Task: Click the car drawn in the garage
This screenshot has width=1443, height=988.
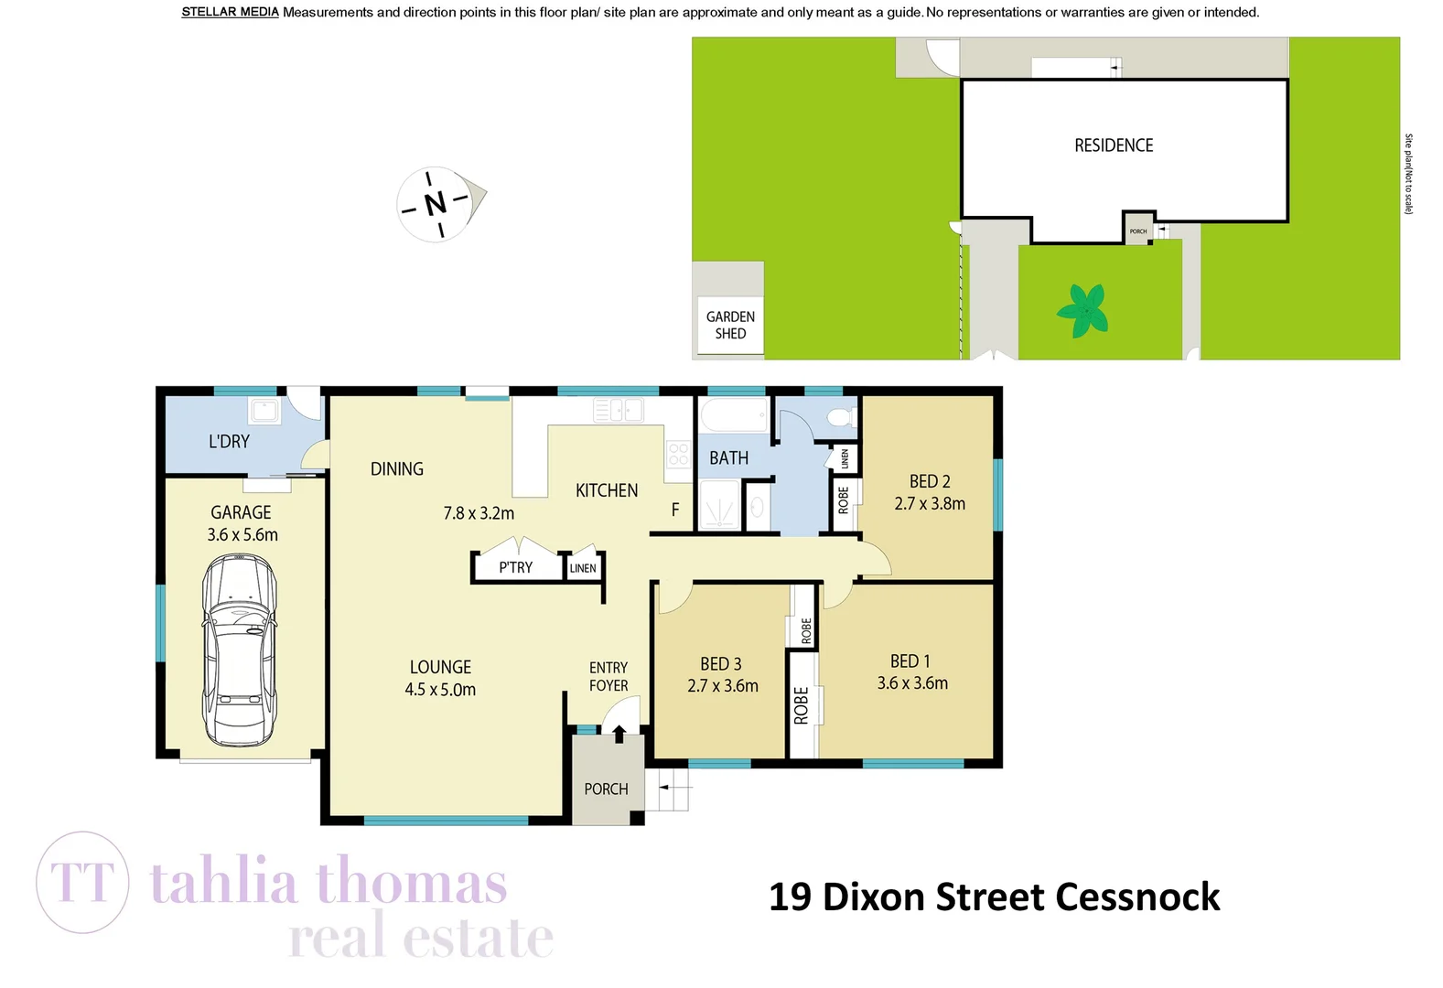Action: point(239,650)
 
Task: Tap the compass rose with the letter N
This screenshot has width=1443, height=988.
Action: point(436,203)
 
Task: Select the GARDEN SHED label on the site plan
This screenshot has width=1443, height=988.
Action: point(730,325)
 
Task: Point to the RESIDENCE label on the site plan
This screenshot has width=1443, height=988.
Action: point(1113,145)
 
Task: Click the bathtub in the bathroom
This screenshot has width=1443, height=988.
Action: point(734,415)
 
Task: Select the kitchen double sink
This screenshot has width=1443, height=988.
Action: point(619,410)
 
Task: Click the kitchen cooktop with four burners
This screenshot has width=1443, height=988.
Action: point(678,454)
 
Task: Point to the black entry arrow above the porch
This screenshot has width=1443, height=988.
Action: point(619,733)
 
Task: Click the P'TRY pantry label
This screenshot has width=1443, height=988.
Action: point(515,567)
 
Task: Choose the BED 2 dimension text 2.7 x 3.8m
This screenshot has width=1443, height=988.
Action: point(930,503)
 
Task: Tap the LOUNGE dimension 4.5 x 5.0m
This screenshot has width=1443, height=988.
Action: point(440,690)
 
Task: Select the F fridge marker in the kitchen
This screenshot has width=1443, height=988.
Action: point(675,510)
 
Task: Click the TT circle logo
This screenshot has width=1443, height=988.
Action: point(82,882)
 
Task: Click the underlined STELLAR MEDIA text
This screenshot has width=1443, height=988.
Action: point(230,12)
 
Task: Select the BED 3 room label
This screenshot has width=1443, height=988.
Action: point(721,663)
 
